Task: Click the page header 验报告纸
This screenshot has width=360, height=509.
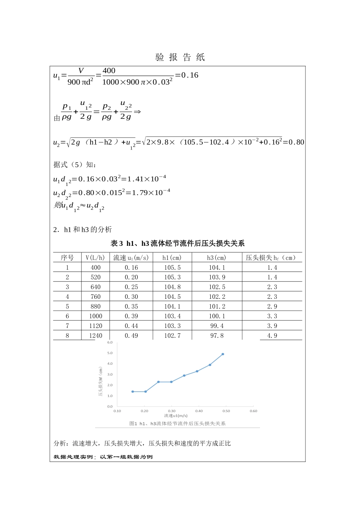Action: point(180,57)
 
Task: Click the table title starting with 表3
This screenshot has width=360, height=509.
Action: point(177,244)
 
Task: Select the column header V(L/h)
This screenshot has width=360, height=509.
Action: point(95,258)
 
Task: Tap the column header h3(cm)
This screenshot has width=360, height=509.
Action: point(216,258)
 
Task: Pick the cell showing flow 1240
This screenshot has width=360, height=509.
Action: point(95,336)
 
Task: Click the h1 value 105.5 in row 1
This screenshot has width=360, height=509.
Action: point(172,268)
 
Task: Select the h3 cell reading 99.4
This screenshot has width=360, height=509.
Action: point(217,326)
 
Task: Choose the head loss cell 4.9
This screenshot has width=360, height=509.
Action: point(272,336)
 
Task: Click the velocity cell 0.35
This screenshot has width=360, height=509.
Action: point(131,306)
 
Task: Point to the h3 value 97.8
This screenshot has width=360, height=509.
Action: point(217,336)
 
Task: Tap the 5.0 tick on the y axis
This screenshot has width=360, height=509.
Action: point(110,353)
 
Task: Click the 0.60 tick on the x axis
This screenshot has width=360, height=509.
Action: point(254,411)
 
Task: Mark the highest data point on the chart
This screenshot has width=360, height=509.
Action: point(223,354)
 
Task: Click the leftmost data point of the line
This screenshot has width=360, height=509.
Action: point(133,392)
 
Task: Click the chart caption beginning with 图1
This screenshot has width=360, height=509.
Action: point(177,423)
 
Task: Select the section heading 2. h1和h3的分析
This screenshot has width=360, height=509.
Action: point(83,230)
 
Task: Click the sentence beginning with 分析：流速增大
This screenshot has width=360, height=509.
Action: point(142,443)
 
